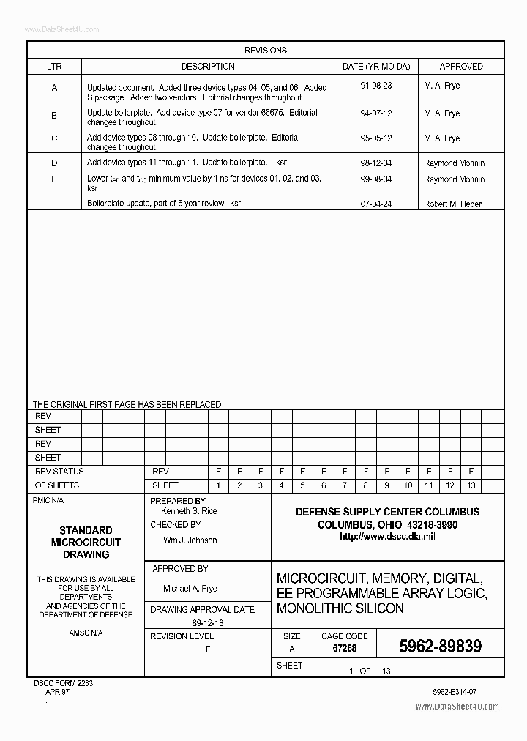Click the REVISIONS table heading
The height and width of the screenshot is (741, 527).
(265, 51)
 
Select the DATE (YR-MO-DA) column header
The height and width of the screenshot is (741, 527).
(376, 67)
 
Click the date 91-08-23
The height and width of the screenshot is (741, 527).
(376, 86)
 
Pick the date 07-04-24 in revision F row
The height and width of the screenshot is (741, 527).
(376, 204)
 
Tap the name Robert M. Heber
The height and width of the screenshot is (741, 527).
(452, 204)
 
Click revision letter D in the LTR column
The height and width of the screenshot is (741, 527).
(54, 163)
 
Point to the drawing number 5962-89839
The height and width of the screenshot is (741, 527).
(440, 646)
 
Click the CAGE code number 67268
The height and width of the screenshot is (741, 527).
(344, 649)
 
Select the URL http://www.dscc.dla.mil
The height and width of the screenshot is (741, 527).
(387, 537)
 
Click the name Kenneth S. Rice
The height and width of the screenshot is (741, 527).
(189, 511)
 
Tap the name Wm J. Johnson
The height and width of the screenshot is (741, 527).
(190, 540)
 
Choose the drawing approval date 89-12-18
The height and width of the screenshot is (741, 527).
(208, 622)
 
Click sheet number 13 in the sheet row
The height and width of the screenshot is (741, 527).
(471, 485)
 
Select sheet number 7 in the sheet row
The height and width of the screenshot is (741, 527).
(344, 485)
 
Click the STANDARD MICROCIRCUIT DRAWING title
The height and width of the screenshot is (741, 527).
(86, 543)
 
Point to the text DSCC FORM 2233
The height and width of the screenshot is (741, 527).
(63, 682)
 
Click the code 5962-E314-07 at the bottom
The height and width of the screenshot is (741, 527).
(455, 691)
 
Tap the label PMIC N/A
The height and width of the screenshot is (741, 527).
(48, 501)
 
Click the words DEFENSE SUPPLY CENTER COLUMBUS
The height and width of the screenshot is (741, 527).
(387, 512)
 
